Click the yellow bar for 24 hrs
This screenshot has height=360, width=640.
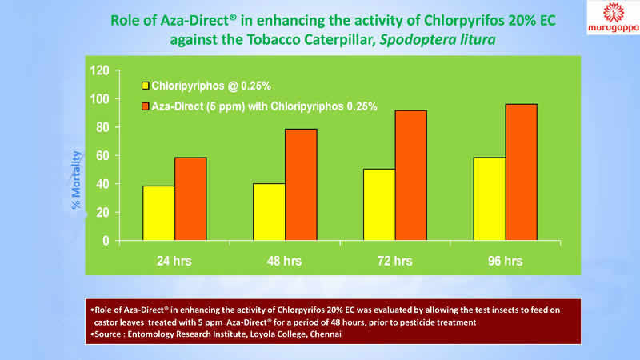(x=158, y=213)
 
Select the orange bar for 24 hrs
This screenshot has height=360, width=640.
(x=190, y=198)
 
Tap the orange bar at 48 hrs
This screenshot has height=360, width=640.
(x=301, y=184)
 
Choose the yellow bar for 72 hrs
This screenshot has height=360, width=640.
(x=378, y=204)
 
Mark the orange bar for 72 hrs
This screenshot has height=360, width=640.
(x=410, y=175)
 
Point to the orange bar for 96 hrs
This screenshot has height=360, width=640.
(x=521, y=172)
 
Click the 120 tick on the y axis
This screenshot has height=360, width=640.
(x=98, y=70)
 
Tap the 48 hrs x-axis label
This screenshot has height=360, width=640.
(x=284, y=261)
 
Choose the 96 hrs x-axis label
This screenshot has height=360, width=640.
(x=504, y=261)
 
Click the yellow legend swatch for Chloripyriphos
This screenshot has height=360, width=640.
(x=146, y=85)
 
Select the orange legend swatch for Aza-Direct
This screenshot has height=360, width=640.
(x=146, y=106)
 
